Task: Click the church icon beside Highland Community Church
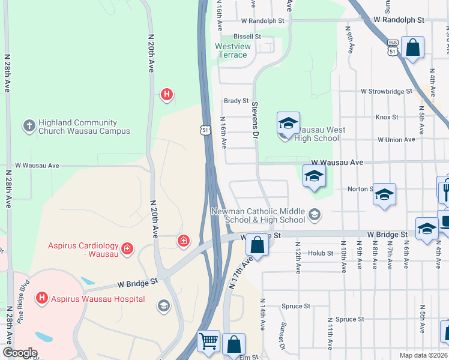tap(28, 126)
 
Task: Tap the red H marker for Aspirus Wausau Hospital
tap(41, 297)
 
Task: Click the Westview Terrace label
tap(231, 50)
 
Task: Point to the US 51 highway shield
tap(206, 130)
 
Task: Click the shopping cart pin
tap(208, 341)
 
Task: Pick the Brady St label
tap(236, 101)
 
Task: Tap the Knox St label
tap(387, 117)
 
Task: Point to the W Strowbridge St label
tap(386, 92)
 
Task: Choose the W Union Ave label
tap(396, 140)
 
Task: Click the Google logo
tap(20, 353)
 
